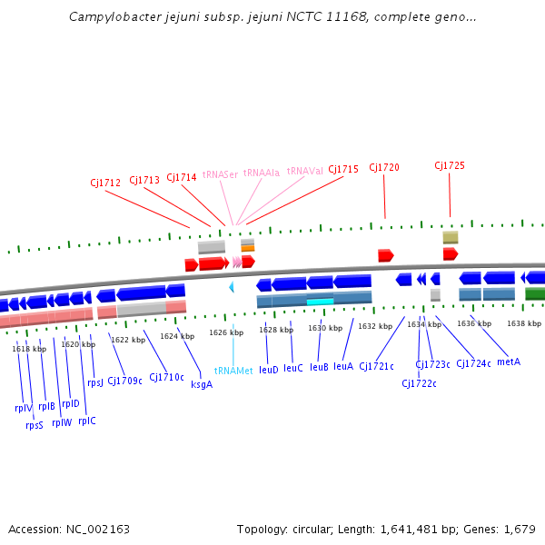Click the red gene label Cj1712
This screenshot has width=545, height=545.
[x=105, y=183]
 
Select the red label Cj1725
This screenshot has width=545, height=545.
[x=450, y=165]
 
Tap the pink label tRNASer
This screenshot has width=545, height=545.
[x=220, y=173]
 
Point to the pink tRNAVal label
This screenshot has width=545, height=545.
[x=304, y=171]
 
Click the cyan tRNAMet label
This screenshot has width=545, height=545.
[x=233, y=371]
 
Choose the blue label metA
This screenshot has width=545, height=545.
[x=509, y=362]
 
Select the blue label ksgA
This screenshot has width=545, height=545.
[x=202, y=384]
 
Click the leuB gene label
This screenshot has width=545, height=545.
[x=319, y=368]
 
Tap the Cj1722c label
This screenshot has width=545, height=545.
[x=419, y=383]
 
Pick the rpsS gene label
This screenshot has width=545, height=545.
[x=35, y=424]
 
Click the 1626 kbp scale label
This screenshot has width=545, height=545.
[x=225, y=333]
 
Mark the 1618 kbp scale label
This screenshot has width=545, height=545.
[x=29, y=349]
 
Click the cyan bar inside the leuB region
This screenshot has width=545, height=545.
[x=320, y=301]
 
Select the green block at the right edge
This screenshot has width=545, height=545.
[x=535, y=292]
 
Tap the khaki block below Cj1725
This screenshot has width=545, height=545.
[x=451, y=237]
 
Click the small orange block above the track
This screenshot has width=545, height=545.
[x=247, y=246]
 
